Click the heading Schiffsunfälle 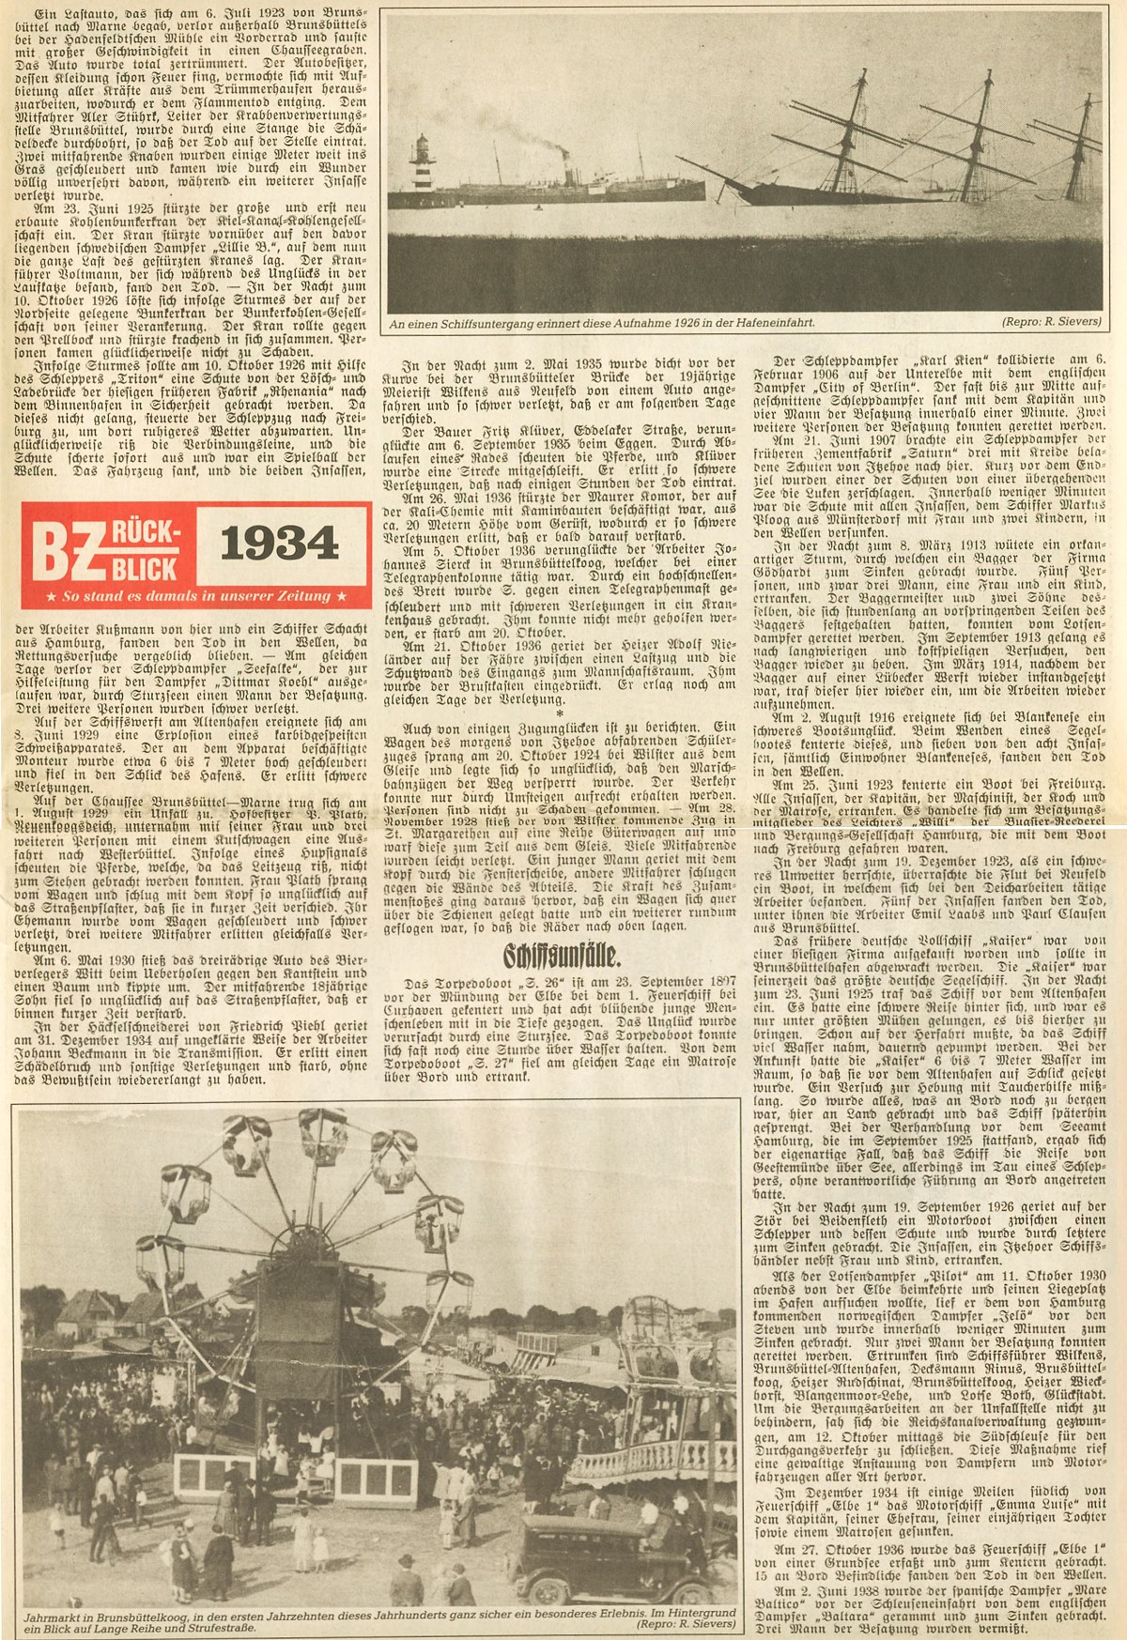click(562, 956)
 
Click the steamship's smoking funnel click(562, 162)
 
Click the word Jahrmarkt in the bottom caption click(50, 1618)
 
